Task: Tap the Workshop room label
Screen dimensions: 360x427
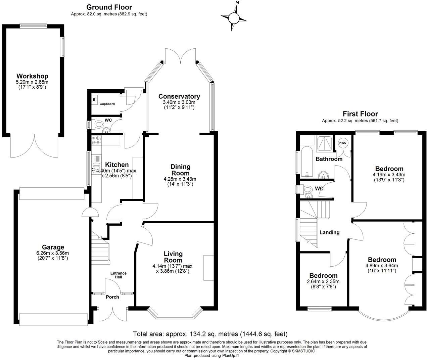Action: pyautogui.click(x=32, y=76)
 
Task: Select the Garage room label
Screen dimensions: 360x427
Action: pyautogui.click(x=53, y=248)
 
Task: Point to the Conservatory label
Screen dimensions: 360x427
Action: pyautogui.click(x=179, y=96)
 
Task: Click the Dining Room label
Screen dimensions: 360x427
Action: pyautogui.click(x=180, y=170)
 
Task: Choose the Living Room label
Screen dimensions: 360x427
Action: pyautogui.click(x=173, y=257)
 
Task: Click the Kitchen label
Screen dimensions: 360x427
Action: pyautogui.click(x=117, y=165)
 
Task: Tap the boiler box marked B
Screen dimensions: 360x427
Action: pyautogui.click(x=94, y=100)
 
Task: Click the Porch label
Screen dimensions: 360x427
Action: pyautogui.click(x=112, y=297)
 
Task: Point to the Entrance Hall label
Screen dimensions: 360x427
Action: pyautogui.click(x=118, y=275)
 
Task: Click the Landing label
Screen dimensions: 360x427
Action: pyautogui.click(x=329, y=232)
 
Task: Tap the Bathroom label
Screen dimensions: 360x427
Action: pyautogui.click(x=329, y=159)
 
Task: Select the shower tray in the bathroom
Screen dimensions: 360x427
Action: pyautogui.click(x=324, y=144)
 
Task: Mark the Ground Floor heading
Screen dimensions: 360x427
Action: pyautogui.click(x=109, y=7)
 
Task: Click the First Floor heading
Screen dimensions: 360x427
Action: pyautogui.click(x=360, y=114)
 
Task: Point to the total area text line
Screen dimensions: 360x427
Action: pyautogui.click(x=210, y=334)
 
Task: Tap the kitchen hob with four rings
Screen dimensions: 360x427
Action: pyautogui.click(x=96, y=140)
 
